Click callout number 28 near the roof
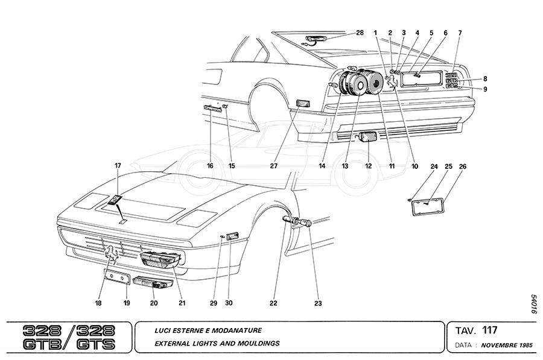tap(360, 33)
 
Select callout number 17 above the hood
tap(118, 165)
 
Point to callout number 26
tap(463, 166)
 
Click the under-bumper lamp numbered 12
tap(367, 137)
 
